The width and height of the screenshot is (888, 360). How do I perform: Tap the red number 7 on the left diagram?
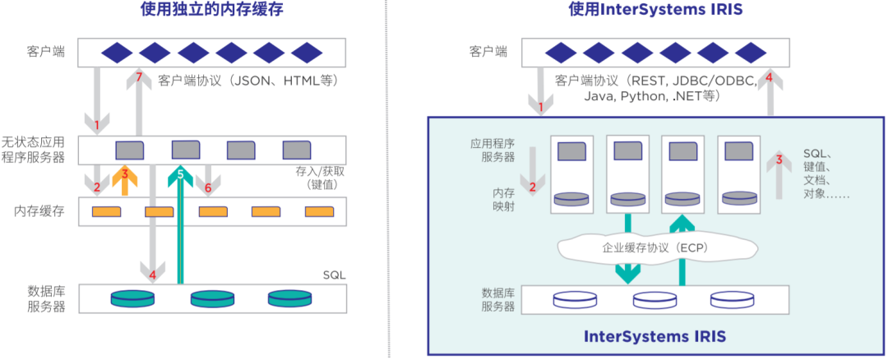click(x=139, y=78)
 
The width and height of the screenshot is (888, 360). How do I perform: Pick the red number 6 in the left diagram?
click(x=207, y=187)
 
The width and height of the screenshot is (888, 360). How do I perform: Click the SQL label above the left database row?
click(x=335, y=274)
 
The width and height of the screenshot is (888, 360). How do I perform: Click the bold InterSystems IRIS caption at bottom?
click(x=654, y=336)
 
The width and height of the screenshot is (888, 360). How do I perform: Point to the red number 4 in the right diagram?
click(x=769, y=77)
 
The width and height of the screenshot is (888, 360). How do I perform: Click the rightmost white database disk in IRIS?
click(x=731, y=299)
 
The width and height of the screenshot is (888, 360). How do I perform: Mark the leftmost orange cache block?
click(x=105, y=212)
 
